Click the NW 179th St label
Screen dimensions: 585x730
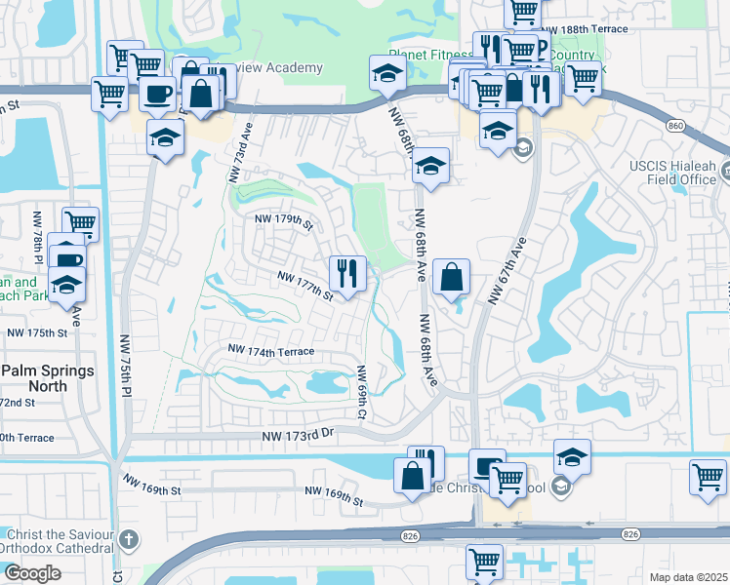(x=283, y=223)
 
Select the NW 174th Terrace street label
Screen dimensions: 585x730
(x=270, y=348)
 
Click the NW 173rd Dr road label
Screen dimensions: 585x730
(x=299, y=439)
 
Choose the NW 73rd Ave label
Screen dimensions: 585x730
(x=240, y=152)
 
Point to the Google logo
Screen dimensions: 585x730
(x=32, y=572)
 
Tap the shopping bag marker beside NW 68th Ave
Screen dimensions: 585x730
(x=451, y=277)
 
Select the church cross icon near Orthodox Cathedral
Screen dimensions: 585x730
(x=129, y=538)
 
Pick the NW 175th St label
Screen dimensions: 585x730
(x=37, y=332)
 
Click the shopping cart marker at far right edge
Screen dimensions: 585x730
(x=708, y=478)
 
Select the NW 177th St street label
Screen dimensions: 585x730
(x=305, y=287)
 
